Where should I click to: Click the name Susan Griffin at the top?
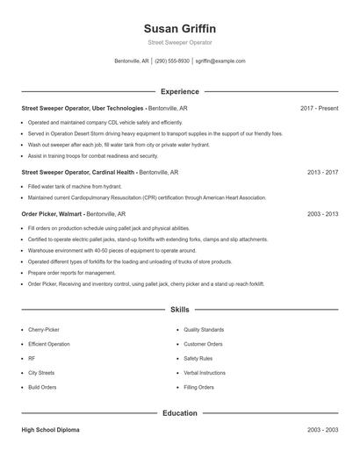tap(179, 28)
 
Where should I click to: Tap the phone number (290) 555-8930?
tap(173, 61)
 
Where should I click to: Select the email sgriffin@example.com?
tap(220, 61)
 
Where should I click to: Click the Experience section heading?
tap(179, 91)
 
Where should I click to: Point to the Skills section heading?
tap(179, 310)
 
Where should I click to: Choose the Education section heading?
tap(179, 412)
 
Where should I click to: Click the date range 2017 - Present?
tap(319, 108)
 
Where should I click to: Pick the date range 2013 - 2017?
tap(322, 173)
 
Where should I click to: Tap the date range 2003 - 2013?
tap(322, 213)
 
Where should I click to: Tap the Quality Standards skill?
tap(204, 330)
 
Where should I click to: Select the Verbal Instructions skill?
tap(205, 373)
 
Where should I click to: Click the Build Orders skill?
tap(42, 387)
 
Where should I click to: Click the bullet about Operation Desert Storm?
tap(155, 133)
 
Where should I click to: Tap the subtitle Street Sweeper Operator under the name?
tap(179, 42)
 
